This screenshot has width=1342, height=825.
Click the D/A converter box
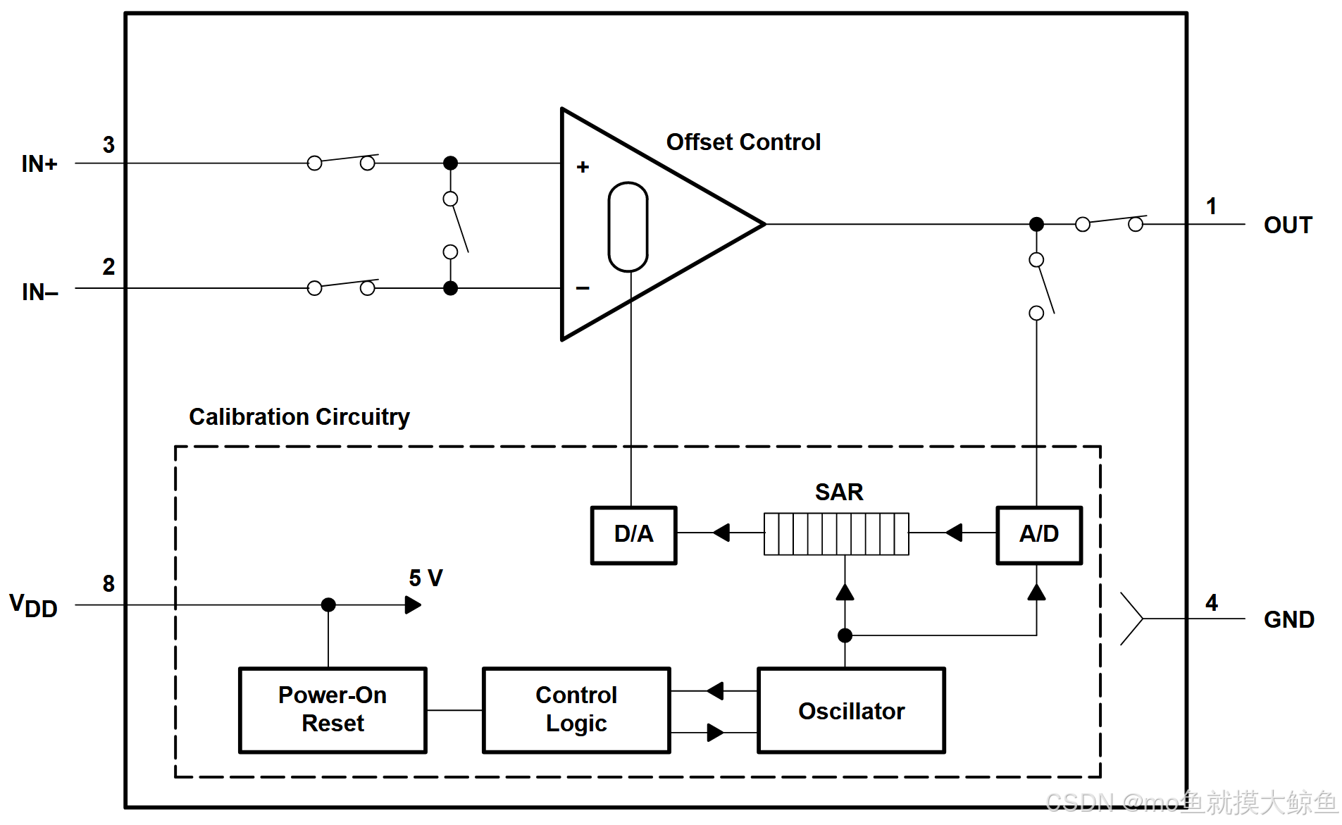pyautogui.click(x=633, y=535)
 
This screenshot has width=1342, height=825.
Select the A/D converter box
pyautogui.click(x=1039, y=535)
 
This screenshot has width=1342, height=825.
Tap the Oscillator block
pyautogui.click(x=851, y=710)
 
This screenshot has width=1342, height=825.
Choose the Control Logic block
pyautogui.click(x=576, y=710)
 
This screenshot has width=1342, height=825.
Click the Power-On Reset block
pyautogui.click(x=333, y=710)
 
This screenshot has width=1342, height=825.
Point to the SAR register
pyautogui.click(x=836, y=534)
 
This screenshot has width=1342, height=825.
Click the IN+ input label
pyautogui.click(x=39, y=164)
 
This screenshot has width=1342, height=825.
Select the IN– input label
pyautogui.click(x=40, y=292)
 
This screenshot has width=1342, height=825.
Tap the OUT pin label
pyautogui.click(x=1288, y=225)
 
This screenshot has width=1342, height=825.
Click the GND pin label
pyautogui.click(x=1289, y=620)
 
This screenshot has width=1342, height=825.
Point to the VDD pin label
pyautogui.click(x=33, y=606)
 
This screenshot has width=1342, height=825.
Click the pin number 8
pyautogui.click(x=108, y=583)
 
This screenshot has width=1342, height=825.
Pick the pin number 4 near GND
pyautogui.click(x=1212, y=602)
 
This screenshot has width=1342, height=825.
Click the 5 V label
pyautogui.click(x=425, y=578)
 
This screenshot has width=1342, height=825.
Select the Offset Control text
pyautogui.click(x=743, y=142)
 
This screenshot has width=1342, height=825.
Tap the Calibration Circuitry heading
pyautogui.click(x=299, y=417)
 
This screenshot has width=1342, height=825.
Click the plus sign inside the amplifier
pyautogui.click(x=583, y=167)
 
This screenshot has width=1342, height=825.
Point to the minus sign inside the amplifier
pyautogui.click(x=583, y=288)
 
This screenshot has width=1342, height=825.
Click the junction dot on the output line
pyautogui.click(x=1036, y=224)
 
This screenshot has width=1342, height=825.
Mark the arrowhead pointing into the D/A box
pyautogui.click(x=721, y=533)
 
